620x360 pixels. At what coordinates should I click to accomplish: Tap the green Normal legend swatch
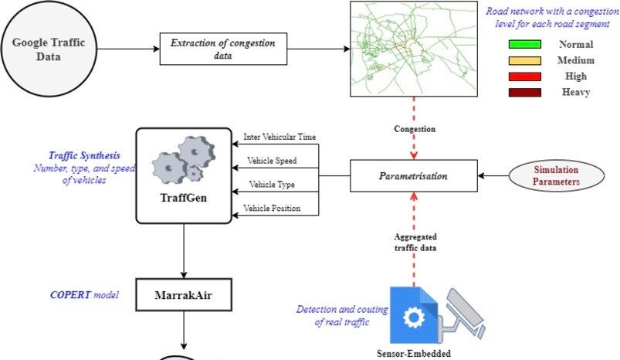point(525,44)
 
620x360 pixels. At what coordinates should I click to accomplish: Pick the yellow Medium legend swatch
point(525,60)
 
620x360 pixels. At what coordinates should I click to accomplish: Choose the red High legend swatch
point(525,76)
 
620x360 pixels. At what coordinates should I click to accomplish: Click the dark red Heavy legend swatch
point(525,93)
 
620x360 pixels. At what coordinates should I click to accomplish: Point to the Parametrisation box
point(413,176)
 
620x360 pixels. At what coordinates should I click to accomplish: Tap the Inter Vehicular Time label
point(280,137)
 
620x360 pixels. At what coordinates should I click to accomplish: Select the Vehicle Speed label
point(272,161)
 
